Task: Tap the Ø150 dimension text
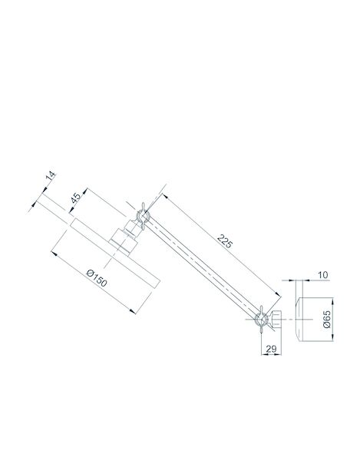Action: pyautogui.click(x=97, y=278)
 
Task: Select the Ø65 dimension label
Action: pyautogui.click(x=326, y=319)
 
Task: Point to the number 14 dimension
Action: pyautogui.click(x=51, y=177)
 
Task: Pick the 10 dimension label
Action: pyautogui.click(x=322, y=275)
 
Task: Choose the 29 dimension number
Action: pyautogui.click(x=271, y=349)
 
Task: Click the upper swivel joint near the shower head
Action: pyautogui.click(x=143, y=217)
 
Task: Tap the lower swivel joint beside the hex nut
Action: pyautogui.click(x=261, y=319)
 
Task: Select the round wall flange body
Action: pyautogui.click(x=315, y=320)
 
